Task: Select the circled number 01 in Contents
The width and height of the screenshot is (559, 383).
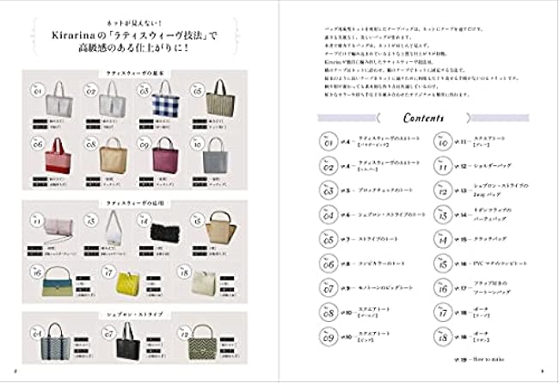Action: (327, 142)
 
